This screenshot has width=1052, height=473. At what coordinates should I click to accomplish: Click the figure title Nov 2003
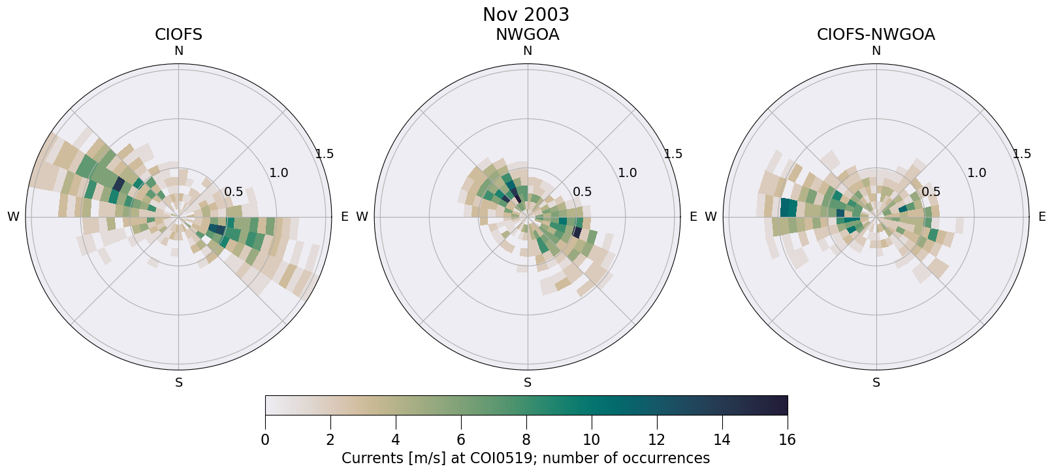point(526,14)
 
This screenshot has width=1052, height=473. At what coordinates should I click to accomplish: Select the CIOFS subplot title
point(178,35)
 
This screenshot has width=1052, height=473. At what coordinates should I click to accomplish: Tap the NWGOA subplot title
point(527,35)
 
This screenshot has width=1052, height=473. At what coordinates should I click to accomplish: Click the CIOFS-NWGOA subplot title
point(876,35)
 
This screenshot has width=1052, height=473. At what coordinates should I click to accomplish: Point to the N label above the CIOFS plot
point(178,51)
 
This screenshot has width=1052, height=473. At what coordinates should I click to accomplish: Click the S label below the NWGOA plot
point(527,383)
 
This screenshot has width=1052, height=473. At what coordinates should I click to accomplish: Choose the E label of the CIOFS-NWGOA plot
point(1042,217)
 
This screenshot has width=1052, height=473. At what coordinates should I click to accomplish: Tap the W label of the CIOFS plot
point(13,217)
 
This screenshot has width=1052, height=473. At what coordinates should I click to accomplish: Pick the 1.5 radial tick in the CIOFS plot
point(325,154)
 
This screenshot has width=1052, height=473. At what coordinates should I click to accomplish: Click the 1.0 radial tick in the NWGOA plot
point(628,173)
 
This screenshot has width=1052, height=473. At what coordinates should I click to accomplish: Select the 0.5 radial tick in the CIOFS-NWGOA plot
point(931,192)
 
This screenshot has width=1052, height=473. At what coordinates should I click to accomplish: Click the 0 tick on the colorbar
point(265,440)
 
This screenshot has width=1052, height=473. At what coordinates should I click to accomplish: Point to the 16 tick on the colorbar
point(787,440)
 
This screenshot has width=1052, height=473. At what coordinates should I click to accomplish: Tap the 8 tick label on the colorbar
point(526,440)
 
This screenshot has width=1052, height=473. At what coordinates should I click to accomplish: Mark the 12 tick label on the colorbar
point(656,440)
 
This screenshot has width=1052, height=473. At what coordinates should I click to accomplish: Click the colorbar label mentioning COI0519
point(526,458)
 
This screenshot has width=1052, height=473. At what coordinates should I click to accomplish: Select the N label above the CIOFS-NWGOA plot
point(876,51)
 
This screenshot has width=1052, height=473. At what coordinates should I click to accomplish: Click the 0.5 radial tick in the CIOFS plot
point(233,192)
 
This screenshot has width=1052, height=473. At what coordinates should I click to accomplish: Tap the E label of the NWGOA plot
point(693,217)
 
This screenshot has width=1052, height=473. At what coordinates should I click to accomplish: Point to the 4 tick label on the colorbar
point(396,440)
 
